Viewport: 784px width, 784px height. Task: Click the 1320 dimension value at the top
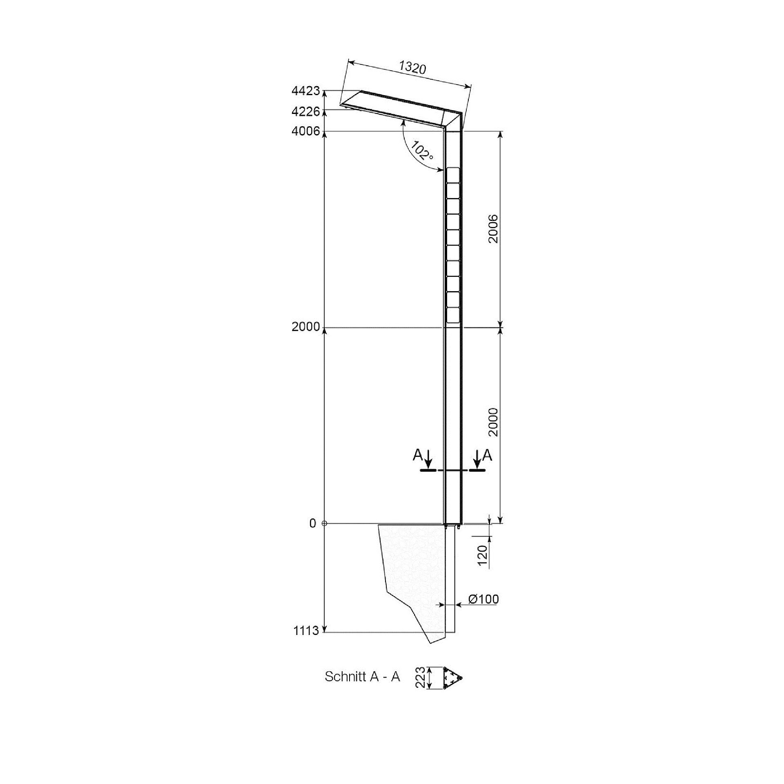[x=412, y=67]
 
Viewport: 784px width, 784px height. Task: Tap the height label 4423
[x=306, y=91]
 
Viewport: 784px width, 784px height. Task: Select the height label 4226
[x=306, y=111]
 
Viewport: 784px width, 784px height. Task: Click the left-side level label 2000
[x=306, y=327]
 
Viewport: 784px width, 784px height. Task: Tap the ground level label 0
[x=313, y=523]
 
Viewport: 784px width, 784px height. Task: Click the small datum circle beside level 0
[x=324, y=523]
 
